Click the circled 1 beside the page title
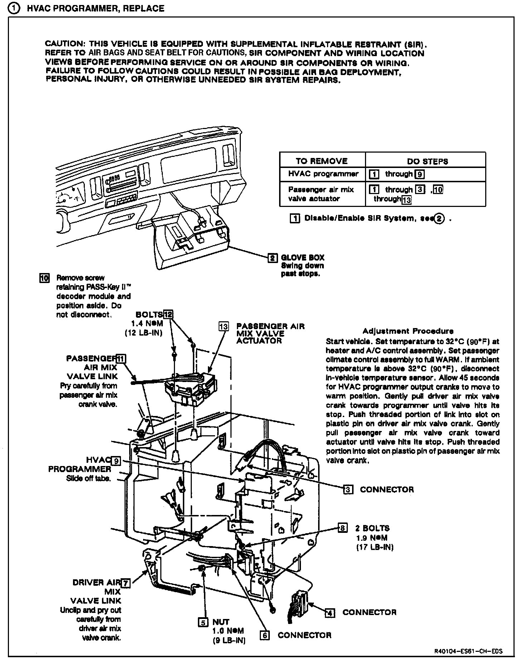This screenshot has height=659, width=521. pos(15,8)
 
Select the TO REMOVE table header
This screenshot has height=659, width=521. pos(321,161)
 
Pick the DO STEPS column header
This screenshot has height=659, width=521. pos(427,161)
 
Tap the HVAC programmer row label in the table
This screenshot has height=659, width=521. pos(323,174)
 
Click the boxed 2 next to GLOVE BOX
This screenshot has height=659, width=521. pos(273,258)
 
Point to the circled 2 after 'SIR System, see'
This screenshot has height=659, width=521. pos(439,218)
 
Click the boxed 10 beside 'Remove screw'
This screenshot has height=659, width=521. pos(44,278)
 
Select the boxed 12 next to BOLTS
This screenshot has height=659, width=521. pos(168,314)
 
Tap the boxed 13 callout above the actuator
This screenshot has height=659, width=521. pos(224,326)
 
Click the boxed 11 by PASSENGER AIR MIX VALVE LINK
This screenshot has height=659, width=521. pos(121,359)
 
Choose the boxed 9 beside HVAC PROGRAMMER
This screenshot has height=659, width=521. pos(116,461)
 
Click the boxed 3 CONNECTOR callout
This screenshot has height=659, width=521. pos(347,490)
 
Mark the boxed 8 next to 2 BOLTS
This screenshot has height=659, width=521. pos(342,528)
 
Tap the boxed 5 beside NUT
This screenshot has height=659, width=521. pos(203,622)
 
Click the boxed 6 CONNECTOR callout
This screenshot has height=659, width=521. pos(265,635)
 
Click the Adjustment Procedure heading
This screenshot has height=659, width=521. pos(408,331)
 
